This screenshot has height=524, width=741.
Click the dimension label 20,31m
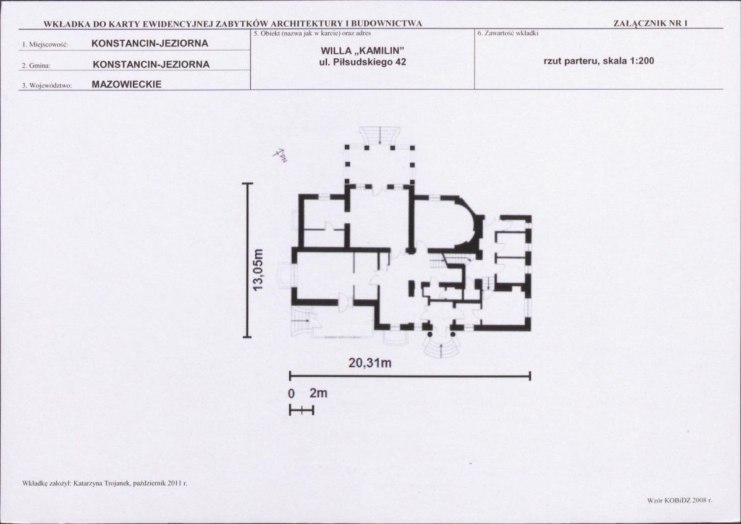(x=370, y=363)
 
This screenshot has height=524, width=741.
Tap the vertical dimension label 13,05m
(x=258, y=270)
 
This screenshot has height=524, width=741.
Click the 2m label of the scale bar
(x=318, y=393)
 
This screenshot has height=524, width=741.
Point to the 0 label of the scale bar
(x=292, y=394)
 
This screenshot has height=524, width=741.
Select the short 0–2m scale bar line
(x=302, y=411)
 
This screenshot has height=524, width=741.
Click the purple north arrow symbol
(x=280, y=154)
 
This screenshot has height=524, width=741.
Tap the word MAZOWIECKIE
(x=127, y=85)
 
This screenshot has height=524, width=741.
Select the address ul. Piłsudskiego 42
(x=363, y=62)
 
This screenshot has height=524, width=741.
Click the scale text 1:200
(x=642, y=61)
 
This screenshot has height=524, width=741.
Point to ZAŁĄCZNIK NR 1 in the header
(x=650, y=23)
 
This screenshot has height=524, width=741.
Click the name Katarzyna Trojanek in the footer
(x=101, y=483)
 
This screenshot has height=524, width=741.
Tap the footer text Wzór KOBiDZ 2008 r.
(x=680, y=499)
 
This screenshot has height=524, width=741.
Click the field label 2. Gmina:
(x=36, y=66)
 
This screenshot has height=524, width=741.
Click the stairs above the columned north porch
(x=381, y=135)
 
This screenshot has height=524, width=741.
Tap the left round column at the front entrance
(x=430, y=334)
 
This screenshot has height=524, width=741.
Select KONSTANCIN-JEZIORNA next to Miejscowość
(x=150, y=43)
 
